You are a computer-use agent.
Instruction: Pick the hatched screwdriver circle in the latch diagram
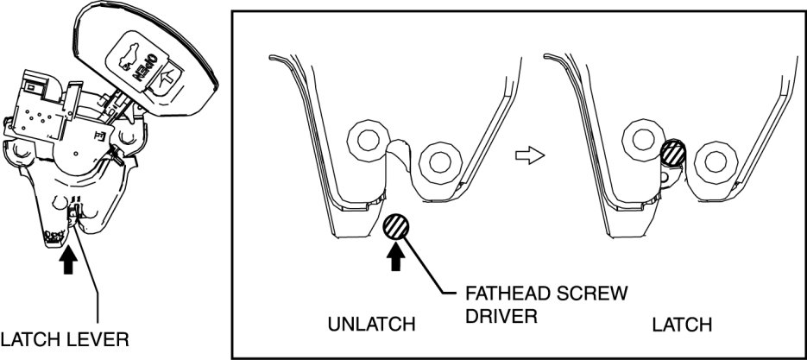(674, 156)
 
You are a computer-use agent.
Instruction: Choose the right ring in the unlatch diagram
(441, 161)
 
